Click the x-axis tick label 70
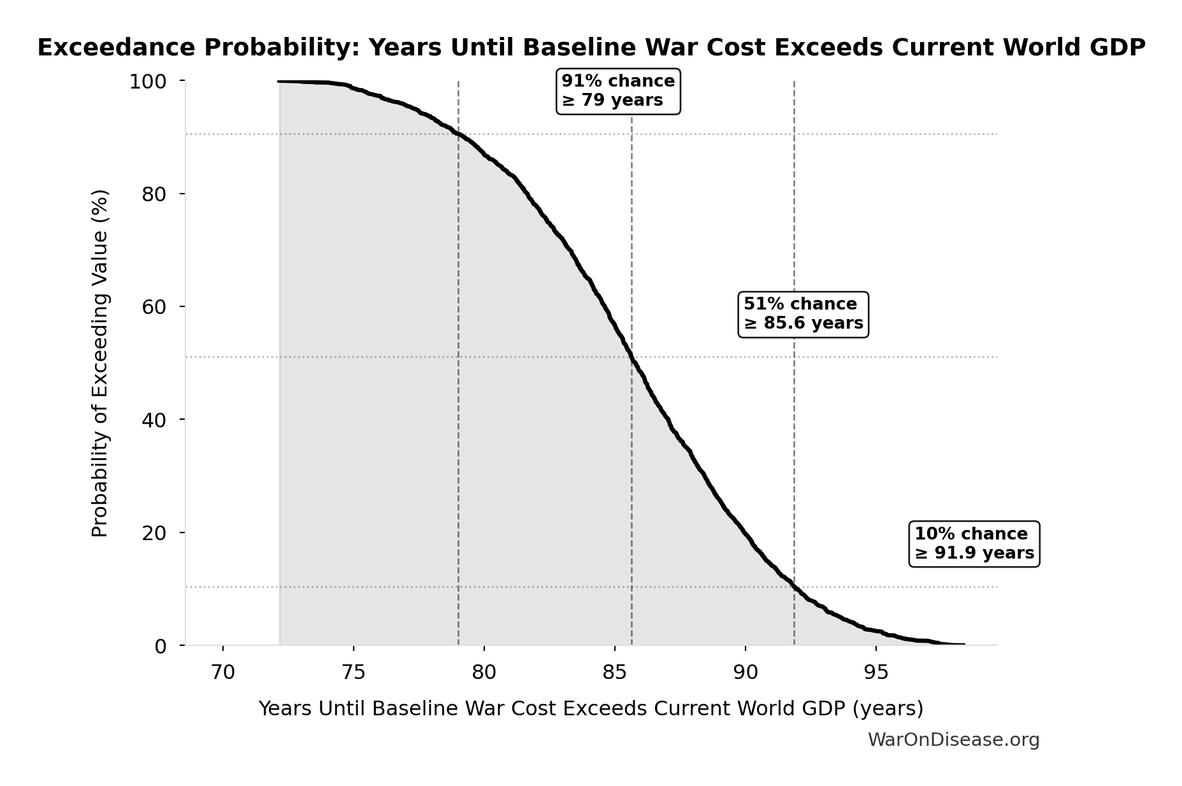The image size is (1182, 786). pyautogui.click(x=223, y=672)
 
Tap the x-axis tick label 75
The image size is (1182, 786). pyautogui.click(x=354, y=672)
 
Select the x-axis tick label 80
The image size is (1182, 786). pyautogui.click(x=484, y=672)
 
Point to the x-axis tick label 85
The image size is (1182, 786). pyautogui.click(x=615, y=672)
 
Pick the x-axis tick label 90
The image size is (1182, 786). pyautogui.click(x=746, y=672)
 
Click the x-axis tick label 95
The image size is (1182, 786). pyautogui.click(x=876, y=672)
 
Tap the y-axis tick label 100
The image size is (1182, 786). pyautogui.click(x=148, y=82)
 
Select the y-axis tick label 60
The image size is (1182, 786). pyautogui.click(x=154, y=307)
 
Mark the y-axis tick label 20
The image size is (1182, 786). pyautogui.click(x=154, y=532)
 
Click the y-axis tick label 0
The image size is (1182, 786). pyautogui.click(x=161, y=646)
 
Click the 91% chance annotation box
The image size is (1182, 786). pyautogui.click(x=618, y=91)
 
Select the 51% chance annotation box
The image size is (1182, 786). pyautogui.click(x=803, y=314)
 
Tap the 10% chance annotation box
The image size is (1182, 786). pyautogui.click(x=974, y=543)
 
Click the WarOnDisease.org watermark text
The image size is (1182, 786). pyautogui.click(x=953, y=740)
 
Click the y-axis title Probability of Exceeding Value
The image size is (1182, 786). pyautogui.click(x=100, y=363)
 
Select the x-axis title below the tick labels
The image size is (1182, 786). pyautogui.click(x=591, y=708)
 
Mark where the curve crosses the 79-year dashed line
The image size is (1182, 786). pyautogui.click(x=458, y=133)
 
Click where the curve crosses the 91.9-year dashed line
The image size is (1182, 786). pyautogui.click(x=794, y=587)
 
